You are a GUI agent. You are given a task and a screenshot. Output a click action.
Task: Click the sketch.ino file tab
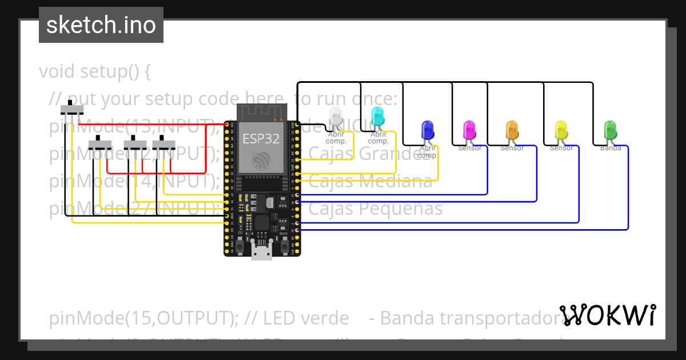101,25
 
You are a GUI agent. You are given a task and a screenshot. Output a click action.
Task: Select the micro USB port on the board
262,250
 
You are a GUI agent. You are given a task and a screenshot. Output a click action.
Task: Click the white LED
336,117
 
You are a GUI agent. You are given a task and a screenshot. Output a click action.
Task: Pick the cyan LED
378,117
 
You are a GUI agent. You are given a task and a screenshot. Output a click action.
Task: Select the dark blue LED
427,130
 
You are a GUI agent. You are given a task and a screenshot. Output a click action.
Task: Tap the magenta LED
469,130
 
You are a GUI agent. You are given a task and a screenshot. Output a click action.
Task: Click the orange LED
512,130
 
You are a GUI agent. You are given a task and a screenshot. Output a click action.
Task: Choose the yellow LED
561,130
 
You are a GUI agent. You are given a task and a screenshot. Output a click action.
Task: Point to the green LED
610,130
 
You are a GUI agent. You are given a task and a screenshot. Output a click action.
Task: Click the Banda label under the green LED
610,149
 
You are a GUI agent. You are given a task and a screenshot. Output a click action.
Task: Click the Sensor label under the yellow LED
561,149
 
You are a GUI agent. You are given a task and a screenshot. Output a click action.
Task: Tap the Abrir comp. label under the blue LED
428,151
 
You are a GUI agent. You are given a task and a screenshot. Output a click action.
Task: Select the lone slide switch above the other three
72,109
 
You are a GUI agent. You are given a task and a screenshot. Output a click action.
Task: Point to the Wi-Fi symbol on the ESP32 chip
262,161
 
